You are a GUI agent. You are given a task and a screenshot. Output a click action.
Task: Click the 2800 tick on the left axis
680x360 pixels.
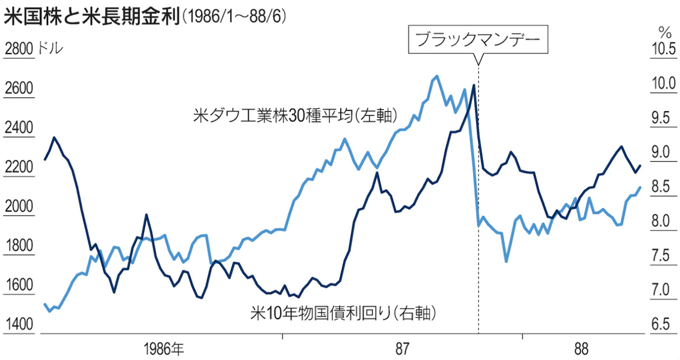point(18,50)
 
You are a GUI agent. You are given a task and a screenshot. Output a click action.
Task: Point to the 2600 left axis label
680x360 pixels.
point(18,89)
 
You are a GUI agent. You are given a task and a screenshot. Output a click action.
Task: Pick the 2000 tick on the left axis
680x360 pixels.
point(18,207)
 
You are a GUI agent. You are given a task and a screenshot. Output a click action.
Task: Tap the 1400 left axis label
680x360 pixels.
point(18,325)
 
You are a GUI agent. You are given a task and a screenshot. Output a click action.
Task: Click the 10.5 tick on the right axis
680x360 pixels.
point(661,50)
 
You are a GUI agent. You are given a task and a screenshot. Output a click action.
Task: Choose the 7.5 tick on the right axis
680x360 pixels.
point(661,256)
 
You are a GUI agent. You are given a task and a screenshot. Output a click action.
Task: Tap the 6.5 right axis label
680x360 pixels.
point(661,325)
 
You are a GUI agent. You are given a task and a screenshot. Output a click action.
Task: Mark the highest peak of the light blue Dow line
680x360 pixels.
point(437,76)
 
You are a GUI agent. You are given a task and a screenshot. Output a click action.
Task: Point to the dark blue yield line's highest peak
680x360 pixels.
point(473,85)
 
